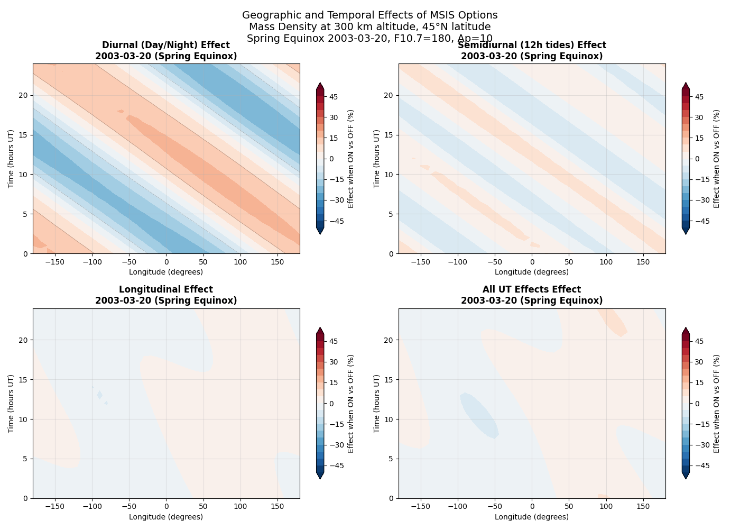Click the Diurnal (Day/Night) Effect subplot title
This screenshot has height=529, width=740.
(x=166, y=51)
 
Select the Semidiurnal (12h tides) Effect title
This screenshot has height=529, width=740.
(x=532, y=51)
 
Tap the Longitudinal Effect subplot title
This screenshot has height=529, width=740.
(x=166, y=295)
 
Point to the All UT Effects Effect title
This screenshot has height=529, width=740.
(x=532, y=295)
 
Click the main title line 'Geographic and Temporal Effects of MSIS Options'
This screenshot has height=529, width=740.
(x=370, y=15)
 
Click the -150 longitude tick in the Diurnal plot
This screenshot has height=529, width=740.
(x=54, y=262)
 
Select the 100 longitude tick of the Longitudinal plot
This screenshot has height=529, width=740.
(x=240, y=506)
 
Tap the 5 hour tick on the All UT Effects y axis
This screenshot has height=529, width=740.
(x=391, y=459)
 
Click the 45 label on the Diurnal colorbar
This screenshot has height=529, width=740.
(x=334, y=97)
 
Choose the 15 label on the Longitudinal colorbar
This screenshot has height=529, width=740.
(x=334, y=382)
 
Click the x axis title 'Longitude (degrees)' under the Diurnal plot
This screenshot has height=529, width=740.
(x=166, y=272)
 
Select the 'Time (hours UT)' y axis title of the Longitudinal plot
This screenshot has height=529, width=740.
(x=11, y=404)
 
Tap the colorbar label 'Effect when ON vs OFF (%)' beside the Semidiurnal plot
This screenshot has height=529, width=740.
(x=717, y=159)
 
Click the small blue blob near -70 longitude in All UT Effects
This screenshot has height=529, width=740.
(x=479, y=415)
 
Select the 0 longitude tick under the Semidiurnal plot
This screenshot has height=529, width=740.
(x=532, y=262)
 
